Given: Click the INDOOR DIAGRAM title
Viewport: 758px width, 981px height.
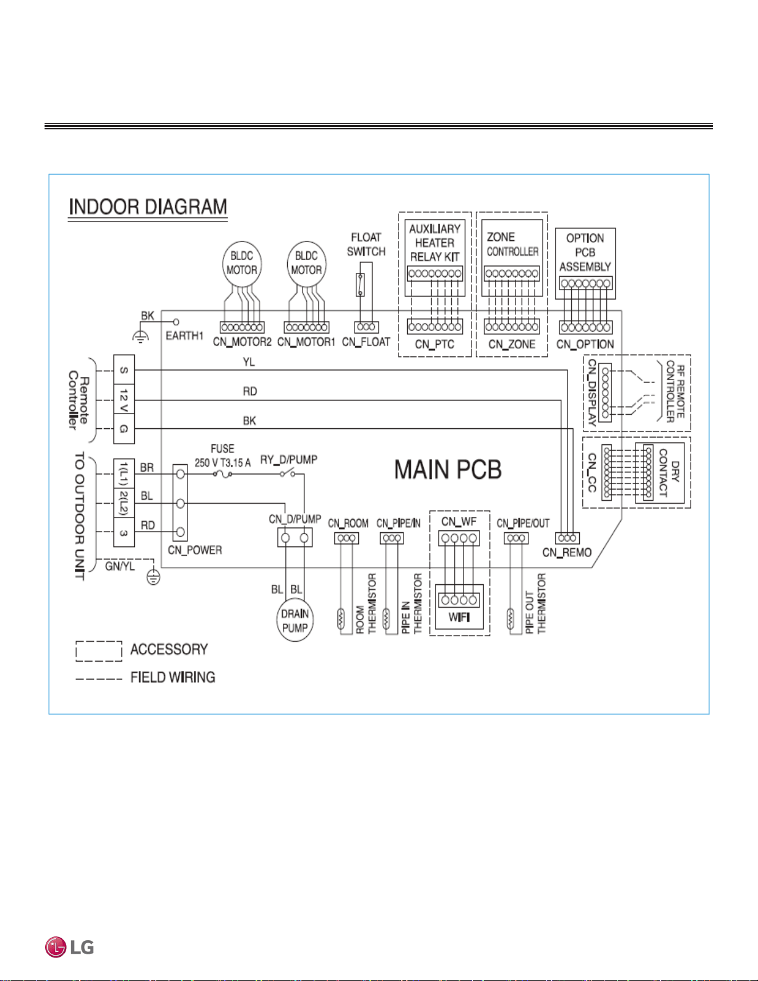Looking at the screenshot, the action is pos(147,207).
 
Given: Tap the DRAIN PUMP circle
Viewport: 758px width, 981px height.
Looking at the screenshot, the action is pos(295,620).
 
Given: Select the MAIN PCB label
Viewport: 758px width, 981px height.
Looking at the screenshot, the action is pos(447,470).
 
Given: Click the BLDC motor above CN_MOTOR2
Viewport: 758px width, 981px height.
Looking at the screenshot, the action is pos(242,264).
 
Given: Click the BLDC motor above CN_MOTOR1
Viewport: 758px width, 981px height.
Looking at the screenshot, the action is pos(306,264).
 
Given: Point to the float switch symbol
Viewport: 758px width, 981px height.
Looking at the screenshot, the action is pos(360,285).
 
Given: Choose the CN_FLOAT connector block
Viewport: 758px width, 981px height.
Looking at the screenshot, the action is pos(366,327).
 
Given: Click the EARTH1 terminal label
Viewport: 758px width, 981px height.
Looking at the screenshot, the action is pos(184,336).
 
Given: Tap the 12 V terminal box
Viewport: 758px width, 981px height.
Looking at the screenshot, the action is pos(124,400).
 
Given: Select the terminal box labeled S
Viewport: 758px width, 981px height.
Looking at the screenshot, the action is pos(124,369).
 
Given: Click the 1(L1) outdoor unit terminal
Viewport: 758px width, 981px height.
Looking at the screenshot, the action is pos(124,473).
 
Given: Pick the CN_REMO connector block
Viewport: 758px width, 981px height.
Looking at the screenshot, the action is pos(567,538).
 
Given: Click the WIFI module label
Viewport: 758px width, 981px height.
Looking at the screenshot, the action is pos(459,617).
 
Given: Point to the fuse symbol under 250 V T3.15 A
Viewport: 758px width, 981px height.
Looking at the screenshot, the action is pos(222,474).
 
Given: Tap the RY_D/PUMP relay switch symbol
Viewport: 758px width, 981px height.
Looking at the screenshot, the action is pos(287,473).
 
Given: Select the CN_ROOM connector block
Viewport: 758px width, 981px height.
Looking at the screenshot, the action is pos(347,538).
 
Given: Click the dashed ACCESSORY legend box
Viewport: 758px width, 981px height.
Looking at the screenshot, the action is pos(99,651).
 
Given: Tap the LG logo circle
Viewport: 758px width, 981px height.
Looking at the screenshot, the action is pos(56,947).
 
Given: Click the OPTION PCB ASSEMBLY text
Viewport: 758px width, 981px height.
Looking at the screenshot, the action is pos(585,253).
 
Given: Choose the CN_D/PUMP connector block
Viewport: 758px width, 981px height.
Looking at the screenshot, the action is pos(295,538).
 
